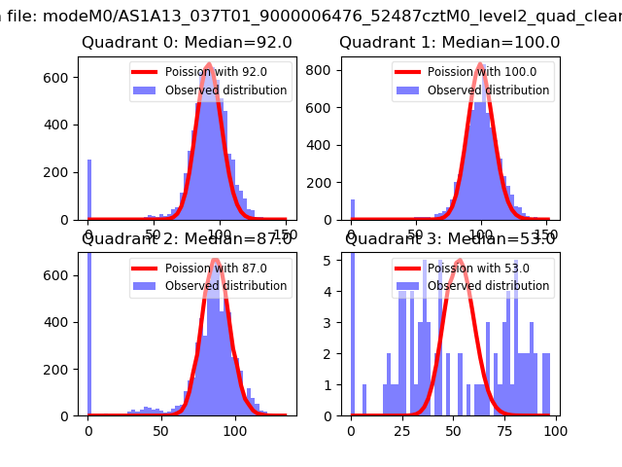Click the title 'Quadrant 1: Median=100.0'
click(449, 43)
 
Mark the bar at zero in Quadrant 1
click(352, 210)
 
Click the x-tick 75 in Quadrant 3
click(504, 429)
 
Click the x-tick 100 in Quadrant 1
click(482, 233)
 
